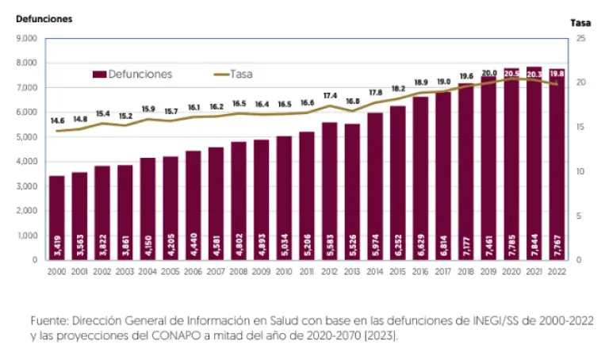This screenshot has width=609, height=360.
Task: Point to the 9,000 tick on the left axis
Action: pos(27,38)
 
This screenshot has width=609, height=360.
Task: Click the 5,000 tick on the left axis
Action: pos(27,136)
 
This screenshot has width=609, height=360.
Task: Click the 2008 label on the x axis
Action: pos(239,271)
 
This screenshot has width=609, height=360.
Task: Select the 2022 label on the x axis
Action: pos(557,271)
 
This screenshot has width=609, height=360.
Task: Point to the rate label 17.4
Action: pos(330,96)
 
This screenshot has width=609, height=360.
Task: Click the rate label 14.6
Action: pos(57,121)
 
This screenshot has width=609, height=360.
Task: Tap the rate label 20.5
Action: pos(511,73)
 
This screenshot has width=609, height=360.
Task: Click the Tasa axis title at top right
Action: pos(581,23)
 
